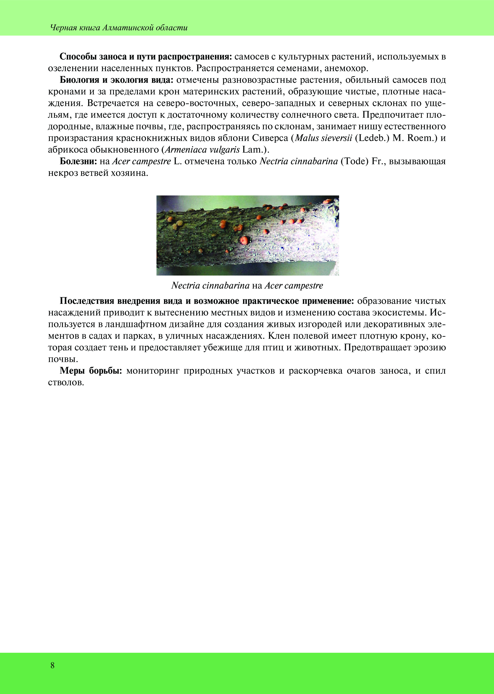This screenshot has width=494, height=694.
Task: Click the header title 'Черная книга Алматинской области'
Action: pyautogui.click(x=119, y=28)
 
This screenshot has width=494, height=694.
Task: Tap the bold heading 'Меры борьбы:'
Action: pyautogui.click(x=91, y=371)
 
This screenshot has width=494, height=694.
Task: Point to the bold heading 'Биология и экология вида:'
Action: pyautogui.click(x=117, y=80)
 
